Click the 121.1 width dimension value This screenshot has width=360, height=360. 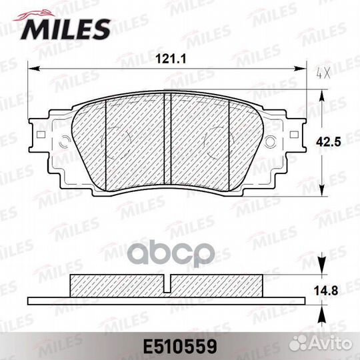171,59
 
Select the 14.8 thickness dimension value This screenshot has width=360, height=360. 326,291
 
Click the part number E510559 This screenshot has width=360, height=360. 180,347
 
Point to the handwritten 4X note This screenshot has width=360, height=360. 323,74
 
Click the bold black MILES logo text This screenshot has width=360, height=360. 66,29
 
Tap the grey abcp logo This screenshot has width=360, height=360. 173,254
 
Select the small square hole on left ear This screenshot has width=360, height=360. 41,135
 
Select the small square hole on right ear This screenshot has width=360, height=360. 294,135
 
